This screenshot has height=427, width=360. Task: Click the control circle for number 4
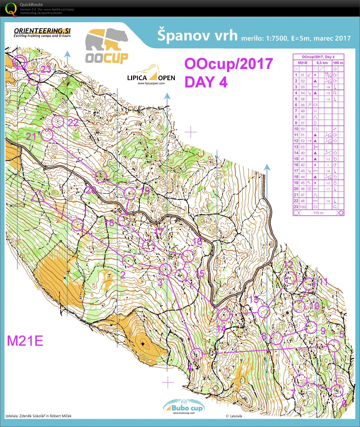click(196, 354)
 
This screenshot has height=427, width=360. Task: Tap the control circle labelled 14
click(224, 315)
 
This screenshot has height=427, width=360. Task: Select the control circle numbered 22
click(58, 121)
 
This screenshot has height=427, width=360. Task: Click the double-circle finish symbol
click(20, 62)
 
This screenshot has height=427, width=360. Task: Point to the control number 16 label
click(197, 242)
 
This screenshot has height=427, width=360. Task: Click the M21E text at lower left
click(25, 341)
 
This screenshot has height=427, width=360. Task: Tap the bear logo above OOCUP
click(107, 39)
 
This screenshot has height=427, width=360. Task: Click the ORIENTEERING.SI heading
click(42, 31)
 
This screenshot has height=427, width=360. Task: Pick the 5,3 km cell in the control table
click(322, 63)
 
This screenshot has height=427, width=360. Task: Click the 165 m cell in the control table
click(338, 63)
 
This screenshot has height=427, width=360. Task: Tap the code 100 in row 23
click(303, 207)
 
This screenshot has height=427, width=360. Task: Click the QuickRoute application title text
click(31, 5)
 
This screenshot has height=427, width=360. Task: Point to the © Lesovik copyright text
click(234, 416)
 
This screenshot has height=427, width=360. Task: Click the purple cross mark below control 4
click(168, 382)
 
